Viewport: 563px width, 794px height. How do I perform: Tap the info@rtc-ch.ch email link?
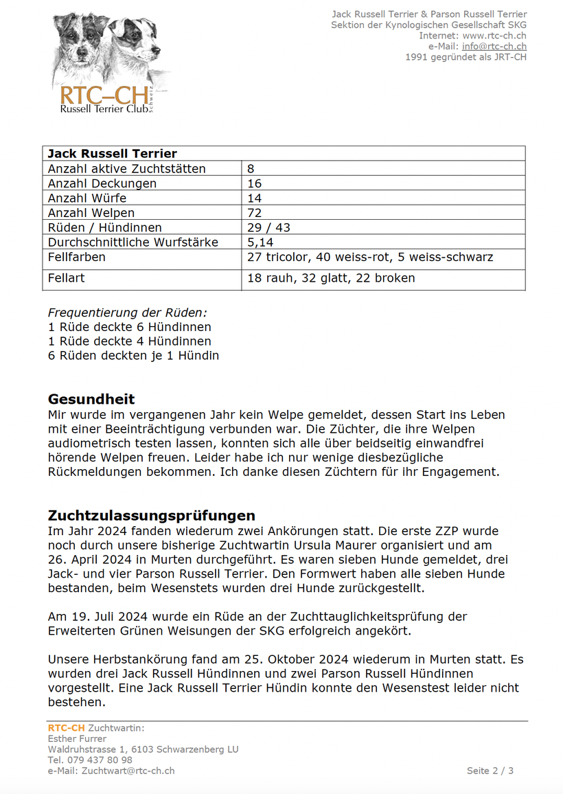coord(494,46)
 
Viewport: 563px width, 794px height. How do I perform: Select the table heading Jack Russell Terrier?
coord(112,154)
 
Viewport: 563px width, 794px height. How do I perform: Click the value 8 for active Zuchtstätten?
coord(251,169)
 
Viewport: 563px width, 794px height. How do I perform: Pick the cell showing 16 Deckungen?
coord(255,183)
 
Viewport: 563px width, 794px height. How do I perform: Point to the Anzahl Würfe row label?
coord(87,198)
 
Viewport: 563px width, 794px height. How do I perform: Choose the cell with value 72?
coord(255,213)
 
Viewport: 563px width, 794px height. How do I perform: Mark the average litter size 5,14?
coord(260,242)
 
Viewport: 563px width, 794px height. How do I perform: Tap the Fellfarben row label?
coord(77,258)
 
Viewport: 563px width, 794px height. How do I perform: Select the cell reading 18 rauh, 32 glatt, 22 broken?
coord(331,278)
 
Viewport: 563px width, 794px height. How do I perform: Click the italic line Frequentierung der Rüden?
coord(128,313)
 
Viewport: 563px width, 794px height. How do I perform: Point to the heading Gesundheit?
coord(91,399)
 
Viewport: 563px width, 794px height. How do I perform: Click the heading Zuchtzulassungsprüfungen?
coord(151,515)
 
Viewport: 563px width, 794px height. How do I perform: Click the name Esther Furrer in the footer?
coord(77,739)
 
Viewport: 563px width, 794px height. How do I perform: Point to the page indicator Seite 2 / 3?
coord(490,771)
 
